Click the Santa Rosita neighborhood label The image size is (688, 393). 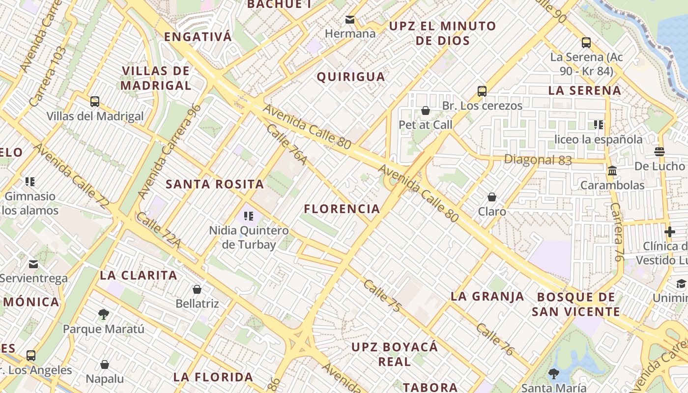click(215, 184)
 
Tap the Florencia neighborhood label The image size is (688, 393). click(342, 209)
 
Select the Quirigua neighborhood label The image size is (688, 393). click(351, 77)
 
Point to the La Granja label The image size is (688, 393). click(487, 296)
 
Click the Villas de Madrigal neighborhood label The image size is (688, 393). click(156, 78)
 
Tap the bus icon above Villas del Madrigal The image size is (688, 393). click(95, 102)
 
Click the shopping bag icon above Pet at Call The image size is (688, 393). click(426, 111)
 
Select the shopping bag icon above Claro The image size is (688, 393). click(492, 197)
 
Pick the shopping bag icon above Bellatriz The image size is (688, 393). click(197, 289)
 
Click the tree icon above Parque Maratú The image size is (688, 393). click(103, 314)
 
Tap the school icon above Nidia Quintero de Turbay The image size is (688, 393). click(249, 216)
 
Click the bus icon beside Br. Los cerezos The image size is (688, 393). click(482, 91)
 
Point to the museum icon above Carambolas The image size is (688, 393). click(612, 171)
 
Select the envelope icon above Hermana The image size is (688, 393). click(350, 20)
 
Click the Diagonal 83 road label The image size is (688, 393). click(538, 160)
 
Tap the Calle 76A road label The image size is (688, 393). click(287, 144)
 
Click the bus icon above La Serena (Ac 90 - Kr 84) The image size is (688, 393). click(586, 43)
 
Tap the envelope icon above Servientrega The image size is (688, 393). click(33, 264)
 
